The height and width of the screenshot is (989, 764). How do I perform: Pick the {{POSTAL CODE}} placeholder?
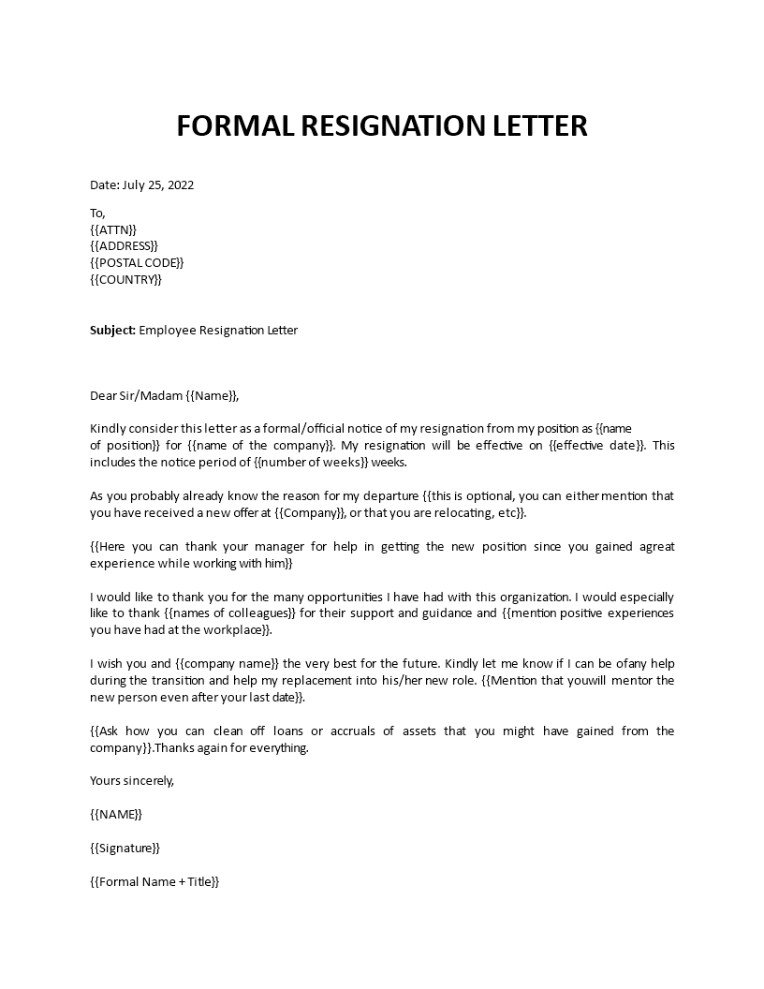(137, 263)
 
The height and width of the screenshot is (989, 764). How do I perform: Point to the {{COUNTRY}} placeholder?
(126, 280)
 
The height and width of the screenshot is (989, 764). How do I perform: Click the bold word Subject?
(112, 331)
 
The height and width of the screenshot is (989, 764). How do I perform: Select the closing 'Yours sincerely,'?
(132, 780)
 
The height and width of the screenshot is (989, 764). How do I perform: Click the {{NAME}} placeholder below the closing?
(116, 814)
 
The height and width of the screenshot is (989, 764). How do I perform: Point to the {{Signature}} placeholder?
(125, 848)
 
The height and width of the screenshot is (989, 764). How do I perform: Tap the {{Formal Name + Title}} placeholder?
(154, 881)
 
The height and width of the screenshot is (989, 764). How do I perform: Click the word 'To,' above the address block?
(98, 213)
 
